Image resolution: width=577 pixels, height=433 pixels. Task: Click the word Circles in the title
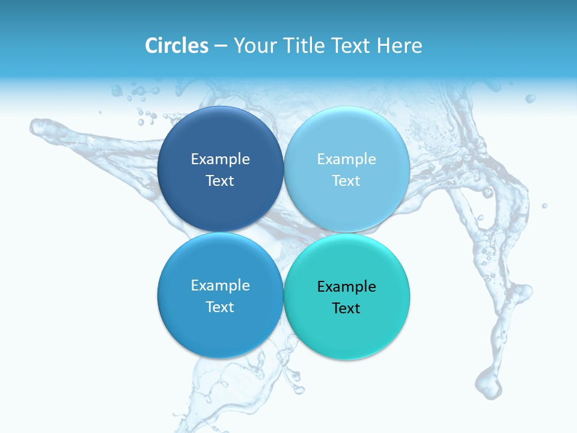point(176,46)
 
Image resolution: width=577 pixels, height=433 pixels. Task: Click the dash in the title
point(221,46)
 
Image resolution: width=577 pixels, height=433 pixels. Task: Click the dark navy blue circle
point(220,138)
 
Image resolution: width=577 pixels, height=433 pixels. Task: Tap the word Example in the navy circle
point(220,159)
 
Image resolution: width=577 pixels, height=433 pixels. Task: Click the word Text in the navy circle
point(220,180)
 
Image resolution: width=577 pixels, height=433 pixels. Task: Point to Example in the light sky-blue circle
point(347,159)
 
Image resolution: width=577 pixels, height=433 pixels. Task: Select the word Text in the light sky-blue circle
point(347,180)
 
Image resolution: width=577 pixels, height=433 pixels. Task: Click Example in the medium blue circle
point(220,285)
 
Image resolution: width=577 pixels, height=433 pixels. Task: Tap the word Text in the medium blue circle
point(220,307)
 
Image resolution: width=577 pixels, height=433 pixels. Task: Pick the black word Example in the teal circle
point(347,286)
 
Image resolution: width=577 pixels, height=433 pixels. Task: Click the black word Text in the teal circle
point(347,308)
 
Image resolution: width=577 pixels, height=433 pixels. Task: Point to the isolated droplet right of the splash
point(545,206)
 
